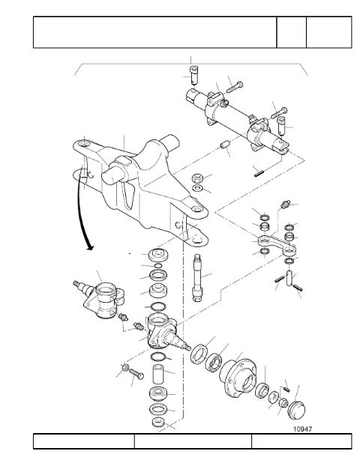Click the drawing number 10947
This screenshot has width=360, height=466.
pyautogui.click(x=302, y=429)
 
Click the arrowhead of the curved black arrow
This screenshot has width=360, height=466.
pyautogui.click(x=89, y=247)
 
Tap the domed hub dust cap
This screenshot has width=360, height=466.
pyautogui.click(x=296, y=410)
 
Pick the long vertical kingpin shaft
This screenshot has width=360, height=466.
pyautogui.click(x=197, y=278)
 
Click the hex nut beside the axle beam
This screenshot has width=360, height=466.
pyautogui.click(x=197, y=178)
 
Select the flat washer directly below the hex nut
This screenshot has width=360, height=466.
pyautogui.click(x=197, y=188)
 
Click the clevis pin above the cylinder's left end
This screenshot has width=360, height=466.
pyautogui.click(x=194, y=74)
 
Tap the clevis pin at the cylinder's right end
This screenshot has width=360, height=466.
pyautogui.click(x=281, y=125)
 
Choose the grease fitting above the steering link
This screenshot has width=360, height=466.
pyautogui.click(x=285, y=205)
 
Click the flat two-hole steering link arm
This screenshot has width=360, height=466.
pyautogui.click(x=277, y=245)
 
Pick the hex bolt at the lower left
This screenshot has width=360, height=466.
pyautogui.click(x=136, y=373)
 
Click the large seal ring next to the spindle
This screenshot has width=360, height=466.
pyautogui.click(x=199, y=354)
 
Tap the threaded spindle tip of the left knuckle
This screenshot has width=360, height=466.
pyautogui.click(x=77, y=284)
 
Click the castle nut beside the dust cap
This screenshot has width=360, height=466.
pyautogui.click(x=283, y=403)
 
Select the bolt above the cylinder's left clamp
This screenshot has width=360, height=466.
pyautogui.click(x=235, y=87)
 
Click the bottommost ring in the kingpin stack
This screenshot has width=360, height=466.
pyautogui.click(x=157, y=422)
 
